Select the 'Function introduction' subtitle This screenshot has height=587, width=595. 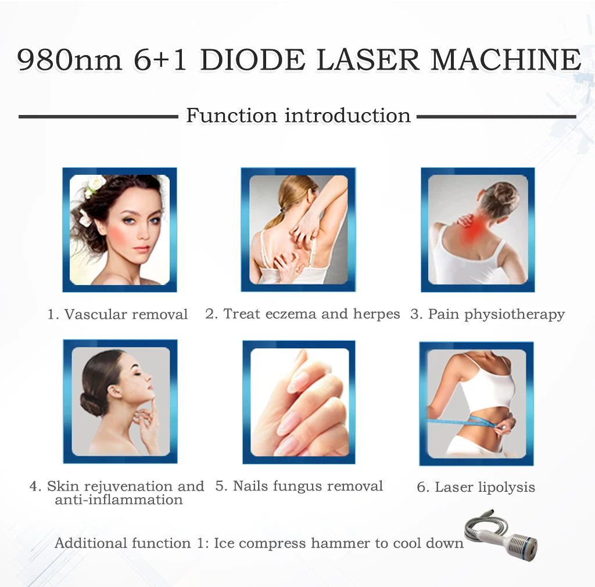coord(298,115)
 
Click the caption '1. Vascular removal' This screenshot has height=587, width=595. coord(118,315)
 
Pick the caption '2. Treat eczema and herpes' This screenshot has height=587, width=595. coord(302,314)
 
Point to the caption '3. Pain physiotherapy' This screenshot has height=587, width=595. coord(488,314)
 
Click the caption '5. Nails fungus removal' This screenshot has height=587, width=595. coord(299,486)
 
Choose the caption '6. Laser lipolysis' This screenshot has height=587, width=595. coord(476,487)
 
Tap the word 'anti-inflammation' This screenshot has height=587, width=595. coord(119,500)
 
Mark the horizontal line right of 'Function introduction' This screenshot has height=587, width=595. coord(496,117)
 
